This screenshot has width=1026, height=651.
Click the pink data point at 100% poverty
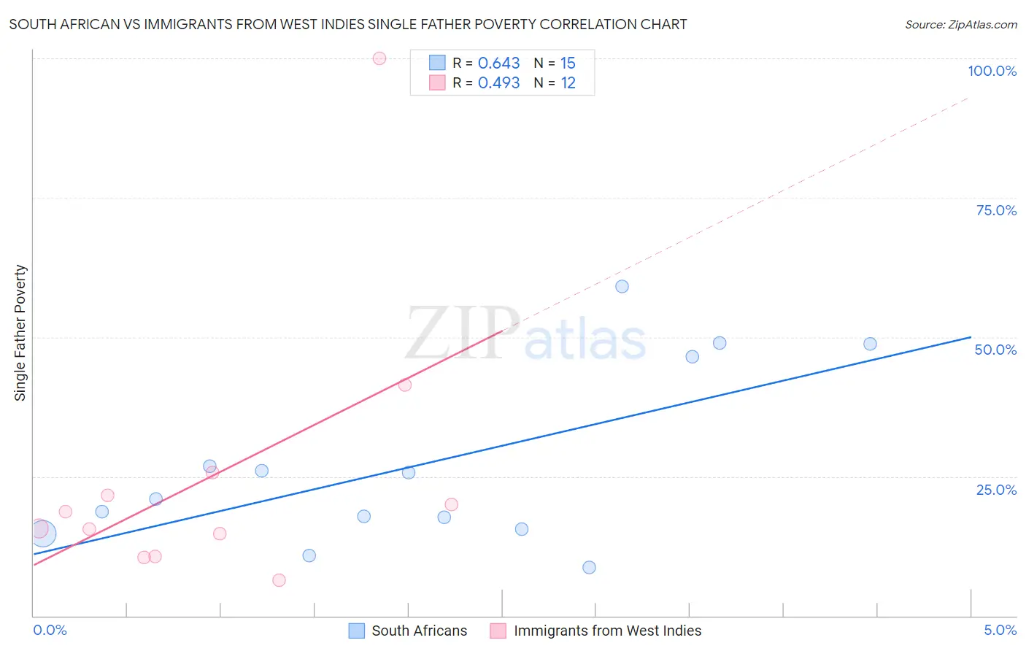(379, 58)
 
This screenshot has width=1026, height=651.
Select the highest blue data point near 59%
(622, 286)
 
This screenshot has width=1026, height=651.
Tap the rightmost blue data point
(870, 344)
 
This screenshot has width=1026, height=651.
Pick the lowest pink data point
(279, 580)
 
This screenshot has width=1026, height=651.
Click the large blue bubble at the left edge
(43, 533)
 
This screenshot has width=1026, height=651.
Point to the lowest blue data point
(589, 567)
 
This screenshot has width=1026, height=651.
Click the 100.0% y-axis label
(992, 71)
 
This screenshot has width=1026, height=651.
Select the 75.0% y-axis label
(996, 210)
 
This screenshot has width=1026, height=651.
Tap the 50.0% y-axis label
(995, 350)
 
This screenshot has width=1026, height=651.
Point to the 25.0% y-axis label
(996, 489)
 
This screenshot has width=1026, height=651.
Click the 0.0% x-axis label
(50, 630)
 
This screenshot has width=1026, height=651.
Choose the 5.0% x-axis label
(1000, 630)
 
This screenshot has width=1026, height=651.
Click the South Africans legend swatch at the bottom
(356, 631)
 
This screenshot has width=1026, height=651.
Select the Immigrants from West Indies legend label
(607, 631)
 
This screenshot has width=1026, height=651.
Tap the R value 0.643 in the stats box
(498, 63)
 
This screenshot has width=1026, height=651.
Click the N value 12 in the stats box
(568, 83)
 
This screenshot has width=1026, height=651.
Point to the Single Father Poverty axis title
(20, 333)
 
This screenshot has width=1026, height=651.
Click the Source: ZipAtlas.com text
(960, 25)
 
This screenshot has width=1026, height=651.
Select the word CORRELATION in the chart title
(587, 24)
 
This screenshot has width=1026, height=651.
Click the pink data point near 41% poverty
(405, 385)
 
